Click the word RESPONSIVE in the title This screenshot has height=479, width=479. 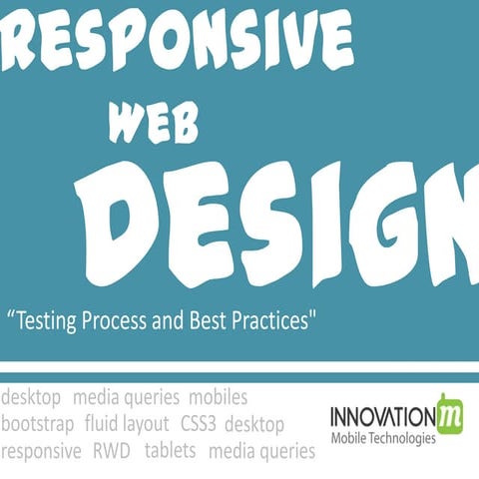[x=180, y=40]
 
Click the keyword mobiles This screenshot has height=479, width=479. [x=218, y=399]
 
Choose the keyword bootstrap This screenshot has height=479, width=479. [x=37, y=424]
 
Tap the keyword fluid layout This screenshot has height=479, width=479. [x=127, y=424]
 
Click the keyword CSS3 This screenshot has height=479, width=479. [x=203, y=424]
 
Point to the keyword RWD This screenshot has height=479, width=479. [x=113, y=451]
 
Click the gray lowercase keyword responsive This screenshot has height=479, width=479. [x=41, y=452]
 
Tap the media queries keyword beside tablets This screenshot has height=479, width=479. [x=261, y=451]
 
